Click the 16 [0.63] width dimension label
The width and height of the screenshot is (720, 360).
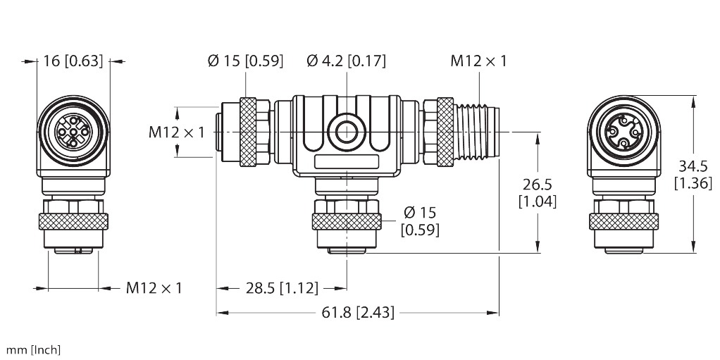(x=73, y=61)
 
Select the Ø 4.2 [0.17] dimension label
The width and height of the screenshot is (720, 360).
(x=347, y=61)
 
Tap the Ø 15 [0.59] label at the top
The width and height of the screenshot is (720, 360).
(x=245, y=61)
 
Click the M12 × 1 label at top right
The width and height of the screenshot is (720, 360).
(x=478, y=61)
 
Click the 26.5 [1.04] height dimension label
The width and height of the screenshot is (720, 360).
(x=538, y=192)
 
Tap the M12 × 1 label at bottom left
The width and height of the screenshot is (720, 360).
(x=154, y=287)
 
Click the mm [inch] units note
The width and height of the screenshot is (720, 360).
(x=34, y=349)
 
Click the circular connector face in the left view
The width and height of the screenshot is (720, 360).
(x=73, y=132)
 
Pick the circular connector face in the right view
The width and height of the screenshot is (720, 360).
(x=623, y=132)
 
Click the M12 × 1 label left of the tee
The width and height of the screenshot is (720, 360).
(x=176, y=132)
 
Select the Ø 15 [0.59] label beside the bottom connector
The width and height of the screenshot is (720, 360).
(x=418, y=220)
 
